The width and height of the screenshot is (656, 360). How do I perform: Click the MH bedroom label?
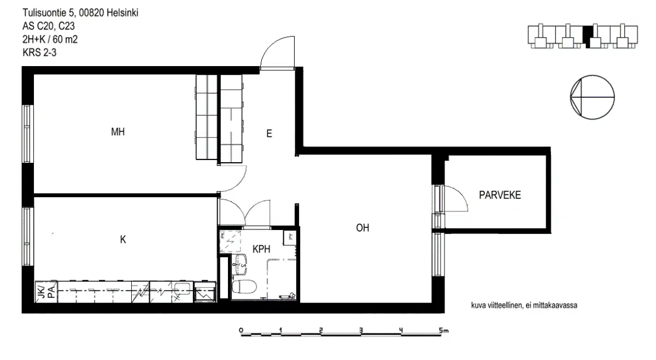coord(118,132)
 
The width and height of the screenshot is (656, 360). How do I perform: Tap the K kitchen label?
coord(123,239)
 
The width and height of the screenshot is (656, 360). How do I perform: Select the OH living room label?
coord(362,228)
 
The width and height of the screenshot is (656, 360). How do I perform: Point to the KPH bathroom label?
coord(262,249)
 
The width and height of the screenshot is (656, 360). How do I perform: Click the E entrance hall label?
coord(269,133)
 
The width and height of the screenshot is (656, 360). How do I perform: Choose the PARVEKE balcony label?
coord(500,195)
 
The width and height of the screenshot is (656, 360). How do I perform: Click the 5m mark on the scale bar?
coord(443,330)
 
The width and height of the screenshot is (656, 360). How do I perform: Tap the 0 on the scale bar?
coord(241,330)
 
